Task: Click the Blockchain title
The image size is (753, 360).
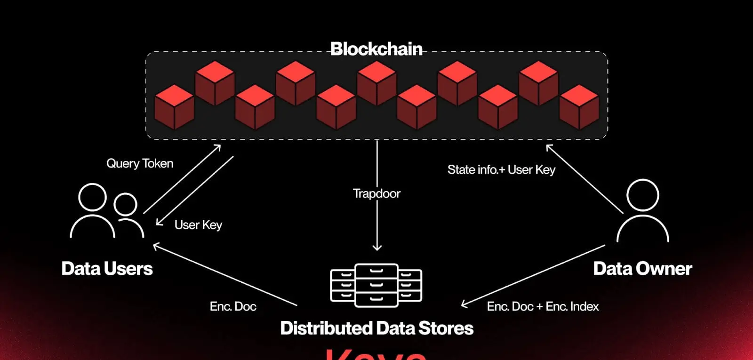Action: [376, 49]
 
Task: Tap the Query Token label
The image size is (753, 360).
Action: [140, 163]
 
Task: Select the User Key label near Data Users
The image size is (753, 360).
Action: [198, 225]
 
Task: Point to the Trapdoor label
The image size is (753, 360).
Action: [376, 193]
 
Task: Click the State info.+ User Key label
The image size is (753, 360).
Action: [501, 169]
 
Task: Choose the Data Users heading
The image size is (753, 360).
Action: [107, 268]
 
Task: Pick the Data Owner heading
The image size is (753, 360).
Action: [642, 268]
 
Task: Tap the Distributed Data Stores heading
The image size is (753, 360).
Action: [376, 328]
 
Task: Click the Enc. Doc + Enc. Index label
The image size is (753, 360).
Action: [543, 306]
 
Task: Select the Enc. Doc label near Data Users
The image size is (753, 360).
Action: [233, 306]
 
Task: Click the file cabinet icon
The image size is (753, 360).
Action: [376, 285]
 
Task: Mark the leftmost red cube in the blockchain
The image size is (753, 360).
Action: [174, 107]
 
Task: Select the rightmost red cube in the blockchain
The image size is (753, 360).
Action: [579, 107]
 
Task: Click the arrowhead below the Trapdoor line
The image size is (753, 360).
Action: [377, 247]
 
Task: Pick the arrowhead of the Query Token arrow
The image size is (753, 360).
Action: [217, 147]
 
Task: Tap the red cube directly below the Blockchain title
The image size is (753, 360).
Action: [376, 83]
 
